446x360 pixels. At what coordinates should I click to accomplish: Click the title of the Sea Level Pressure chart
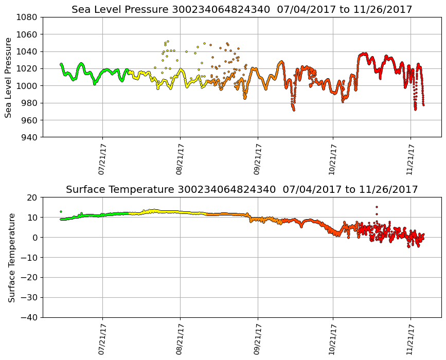242,9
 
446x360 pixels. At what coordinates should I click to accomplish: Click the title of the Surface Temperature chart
242,189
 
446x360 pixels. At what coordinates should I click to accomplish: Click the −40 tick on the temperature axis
29,317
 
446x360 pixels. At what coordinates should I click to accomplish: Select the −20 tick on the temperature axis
29,278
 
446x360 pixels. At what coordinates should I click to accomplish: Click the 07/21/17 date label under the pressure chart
102,159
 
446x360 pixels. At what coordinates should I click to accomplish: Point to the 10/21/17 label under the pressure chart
332,159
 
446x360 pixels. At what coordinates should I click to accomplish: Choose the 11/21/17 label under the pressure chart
411,159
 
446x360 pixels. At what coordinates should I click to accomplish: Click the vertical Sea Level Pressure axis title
9,77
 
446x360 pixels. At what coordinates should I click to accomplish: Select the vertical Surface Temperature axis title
11,257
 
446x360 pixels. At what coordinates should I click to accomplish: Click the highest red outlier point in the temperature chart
377,207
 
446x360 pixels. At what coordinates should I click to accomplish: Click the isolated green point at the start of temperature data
61,211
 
